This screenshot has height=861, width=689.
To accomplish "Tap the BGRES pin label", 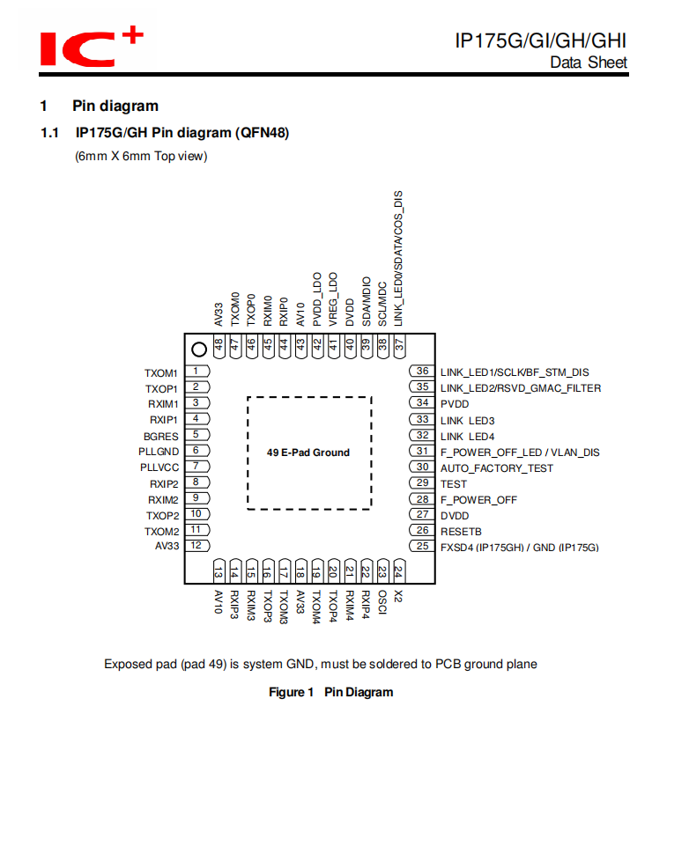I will click(x=161, y=436).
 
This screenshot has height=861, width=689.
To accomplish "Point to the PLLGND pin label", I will click(x=159, y=452).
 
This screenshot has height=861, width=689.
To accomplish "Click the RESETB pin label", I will click(x=461, y=531).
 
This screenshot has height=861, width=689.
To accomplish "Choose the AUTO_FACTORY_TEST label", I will click(x=497, y=467).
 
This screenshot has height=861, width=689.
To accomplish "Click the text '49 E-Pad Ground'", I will click(x=308, y=453).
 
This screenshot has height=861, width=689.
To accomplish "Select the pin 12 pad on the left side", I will click(x=196, y=546).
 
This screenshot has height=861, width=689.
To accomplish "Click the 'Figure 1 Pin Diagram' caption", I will click(x=330, y=692).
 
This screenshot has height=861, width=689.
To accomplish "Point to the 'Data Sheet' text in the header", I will click(x=589, y=63).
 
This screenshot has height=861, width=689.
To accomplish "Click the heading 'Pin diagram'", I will click(x=115, y=107).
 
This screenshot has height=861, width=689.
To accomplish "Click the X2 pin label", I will click(x=398, y=596).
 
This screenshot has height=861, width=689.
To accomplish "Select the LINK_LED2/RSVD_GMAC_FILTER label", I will click(x=521, y=387).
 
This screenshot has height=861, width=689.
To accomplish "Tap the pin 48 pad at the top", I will click(x=219, y=346).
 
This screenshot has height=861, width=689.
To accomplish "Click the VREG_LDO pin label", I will click(x=333, y=299).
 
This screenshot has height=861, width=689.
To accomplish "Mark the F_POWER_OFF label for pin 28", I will click(x=478, y=499).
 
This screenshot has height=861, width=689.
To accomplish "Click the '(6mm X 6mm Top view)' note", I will click(x=141, y=157).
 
